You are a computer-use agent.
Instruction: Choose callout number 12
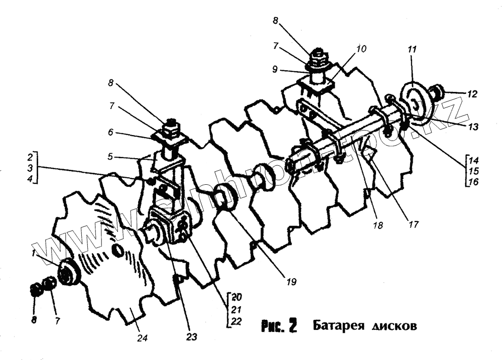pyautogui.click(x=472, y=93)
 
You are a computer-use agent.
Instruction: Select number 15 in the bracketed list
pyautogui.click(x=473, y=171)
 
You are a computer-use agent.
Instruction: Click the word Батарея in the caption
pyautogui.click(x=339, y=326)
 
